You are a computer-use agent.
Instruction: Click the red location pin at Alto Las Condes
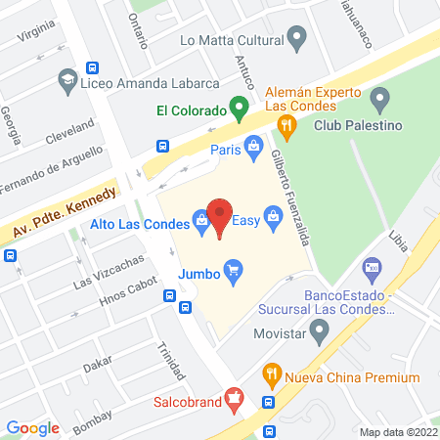221,217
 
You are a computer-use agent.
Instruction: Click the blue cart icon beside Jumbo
233,268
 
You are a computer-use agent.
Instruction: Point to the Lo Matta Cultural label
231,40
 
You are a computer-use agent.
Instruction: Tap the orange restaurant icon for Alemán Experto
286,123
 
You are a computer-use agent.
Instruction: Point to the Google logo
33,427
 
